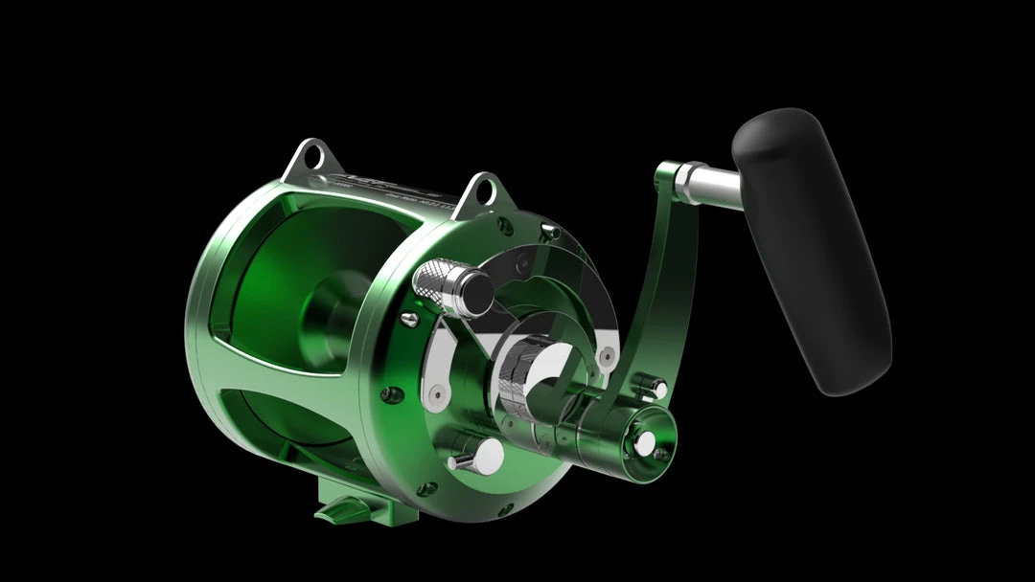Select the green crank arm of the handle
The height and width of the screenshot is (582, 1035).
click(x=661, y=287)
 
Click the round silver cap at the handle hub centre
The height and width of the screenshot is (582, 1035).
click(x=645, y=441)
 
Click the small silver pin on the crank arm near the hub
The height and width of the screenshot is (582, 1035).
click(x=658, y=387)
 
